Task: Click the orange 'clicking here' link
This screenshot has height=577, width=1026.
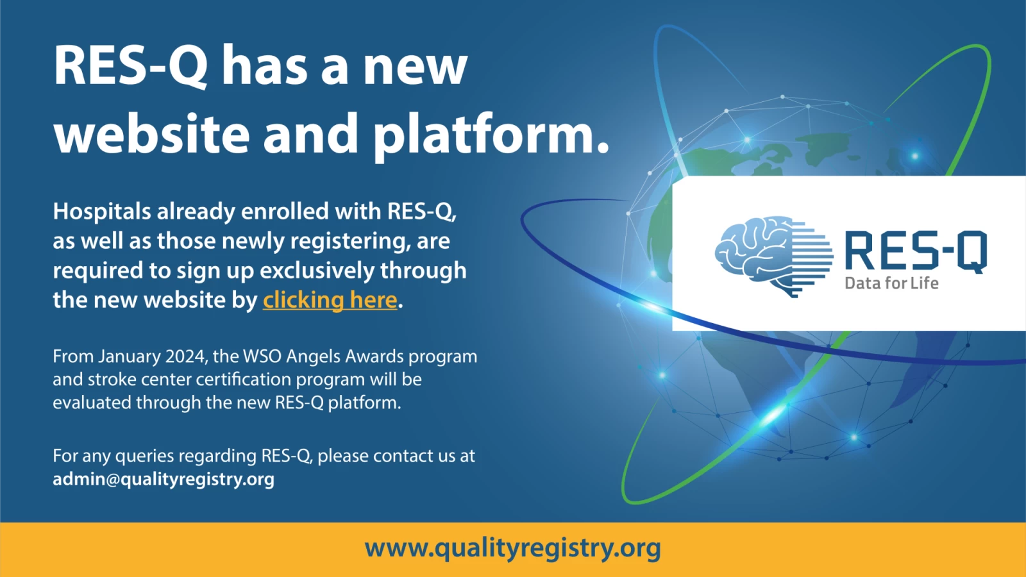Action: pos(330,301)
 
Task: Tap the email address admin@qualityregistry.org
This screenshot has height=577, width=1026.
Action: pos(164,480)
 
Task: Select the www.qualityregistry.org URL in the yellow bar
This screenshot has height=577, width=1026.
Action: pos(512,548)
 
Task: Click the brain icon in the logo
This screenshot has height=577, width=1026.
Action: pos(773,256)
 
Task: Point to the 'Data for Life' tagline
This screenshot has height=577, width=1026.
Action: pos(892,283)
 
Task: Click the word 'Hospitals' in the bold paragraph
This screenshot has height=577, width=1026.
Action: pos(102,212)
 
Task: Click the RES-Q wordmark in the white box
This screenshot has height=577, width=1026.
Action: pos(916,251)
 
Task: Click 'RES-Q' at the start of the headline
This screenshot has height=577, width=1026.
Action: pos(130,65)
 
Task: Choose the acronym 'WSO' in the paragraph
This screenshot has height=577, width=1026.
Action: pos(262,356)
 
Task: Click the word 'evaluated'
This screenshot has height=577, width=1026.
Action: pos(92,403)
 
